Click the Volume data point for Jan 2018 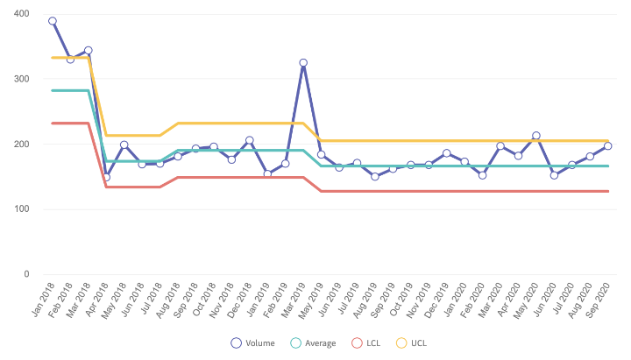point(53,21)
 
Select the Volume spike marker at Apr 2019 point(303,63)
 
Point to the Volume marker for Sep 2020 point(607,146)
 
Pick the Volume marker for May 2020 point(536,136)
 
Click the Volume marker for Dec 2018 point(249,140)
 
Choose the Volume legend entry point(254,342)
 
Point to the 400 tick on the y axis point(20,14)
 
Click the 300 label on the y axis point(20,79)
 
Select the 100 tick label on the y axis point(20,208)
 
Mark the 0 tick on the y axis point(25,273)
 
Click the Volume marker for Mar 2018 point(89,51)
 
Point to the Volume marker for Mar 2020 point(500,146)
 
